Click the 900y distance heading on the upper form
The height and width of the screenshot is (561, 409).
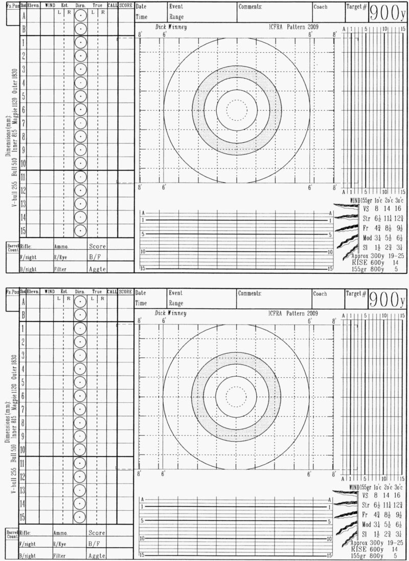[x=387, y=14]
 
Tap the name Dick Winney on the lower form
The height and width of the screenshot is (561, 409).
[x=170, y=27]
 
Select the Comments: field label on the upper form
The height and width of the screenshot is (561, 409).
[x=251, y=7]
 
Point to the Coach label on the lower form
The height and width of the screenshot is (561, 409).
[x=321, y=294]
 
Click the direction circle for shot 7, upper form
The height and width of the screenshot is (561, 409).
[x=80, y=123]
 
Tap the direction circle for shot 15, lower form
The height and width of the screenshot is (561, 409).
[x=80, y=517]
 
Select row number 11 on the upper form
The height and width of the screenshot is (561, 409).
[x=23, y=177]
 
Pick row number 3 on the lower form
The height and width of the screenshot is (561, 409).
[x=23, y=355]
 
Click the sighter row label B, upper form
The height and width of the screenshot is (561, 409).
[x=23, y=29]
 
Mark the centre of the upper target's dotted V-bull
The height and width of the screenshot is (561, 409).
[x=236, y=110]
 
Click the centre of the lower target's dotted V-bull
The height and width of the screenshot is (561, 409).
[x=236, y=396]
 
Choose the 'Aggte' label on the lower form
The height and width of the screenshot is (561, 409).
[x=97, y=555]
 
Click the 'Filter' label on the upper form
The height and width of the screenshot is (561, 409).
[x=60, y=268]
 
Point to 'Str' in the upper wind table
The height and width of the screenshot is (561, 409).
[x=366, y=218]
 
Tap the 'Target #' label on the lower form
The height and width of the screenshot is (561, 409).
[x=356, y=294]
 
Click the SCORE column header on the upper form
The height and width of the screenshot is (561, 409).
[x=126, y=5]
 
